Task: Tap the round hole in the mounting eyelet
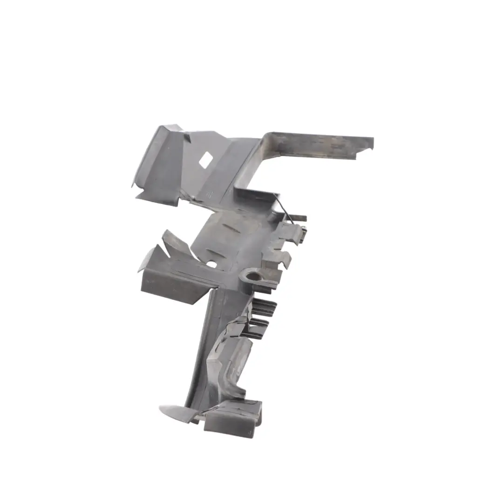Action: [253, 276]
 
